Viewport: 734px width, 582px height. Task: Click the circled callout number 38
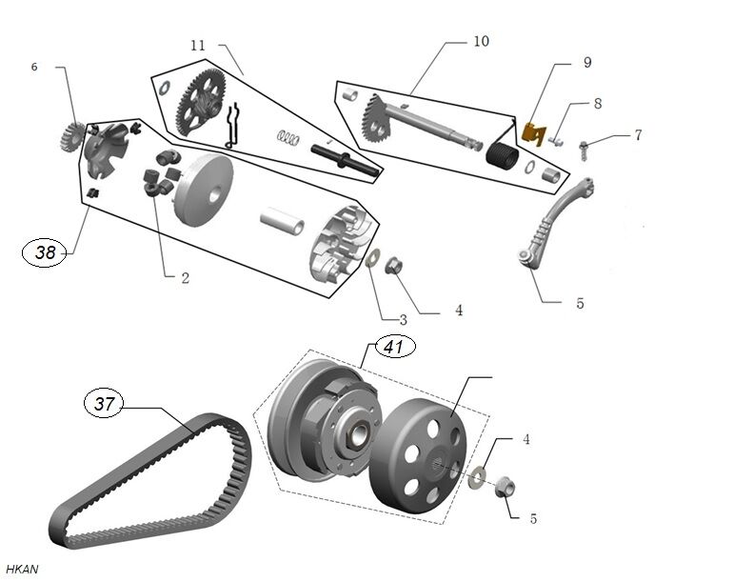45,252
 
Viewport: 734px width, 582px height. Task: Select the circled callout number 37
105,404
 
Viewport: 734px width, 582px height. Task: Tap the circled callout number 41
394,347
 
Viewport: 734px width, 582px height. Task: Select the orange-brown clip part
540,132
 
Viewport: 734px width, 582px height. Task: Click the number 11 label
198,45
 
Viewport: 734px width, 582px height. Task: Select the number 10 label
481,41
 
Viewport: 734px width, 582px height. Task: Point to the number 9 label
587,62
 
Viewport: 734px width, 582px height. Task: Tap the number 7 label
638,135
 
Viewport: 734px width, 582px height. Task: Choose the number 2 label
185,278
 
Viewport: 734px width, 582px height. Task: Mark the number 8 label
598,102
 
